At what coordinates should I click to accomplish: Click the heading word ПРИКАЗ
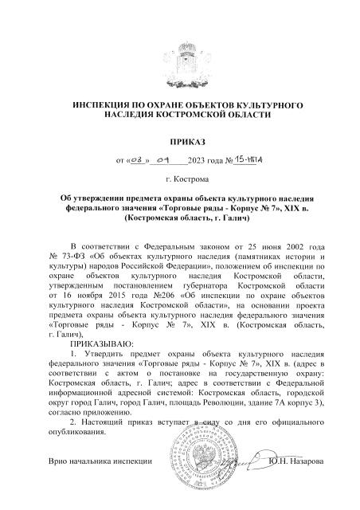[179, 142]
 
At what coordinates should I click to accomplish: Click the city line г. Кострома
[179, 179]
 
